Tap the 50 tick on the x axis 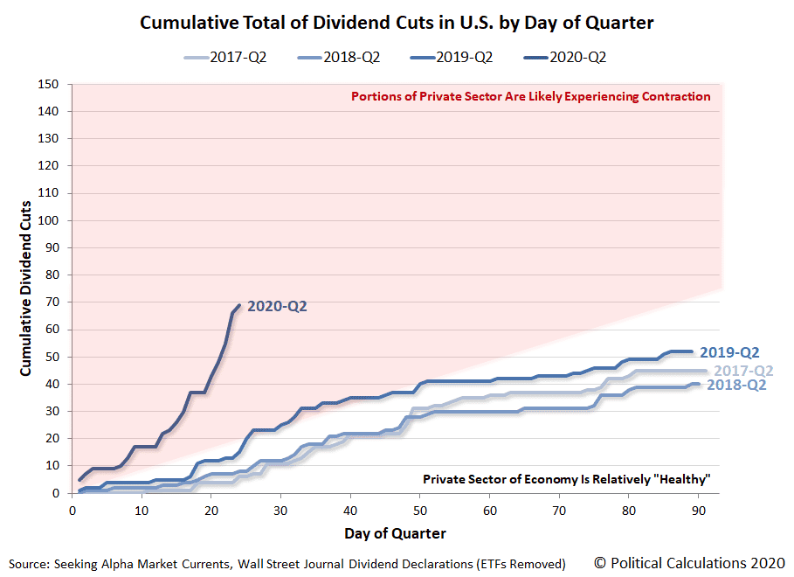[419, 508]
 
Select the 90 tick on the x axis [697, 508]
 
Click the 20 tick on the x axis [211, 508]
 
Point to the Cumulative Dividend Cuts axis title [26, 288]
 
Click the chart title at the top [397, 24]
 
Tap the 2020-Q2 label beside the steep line [277, 307]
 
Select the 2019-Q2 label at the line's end [729, 353]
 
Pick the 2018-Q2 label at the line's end [736, 385]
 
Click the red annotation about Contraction [530, 97]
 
